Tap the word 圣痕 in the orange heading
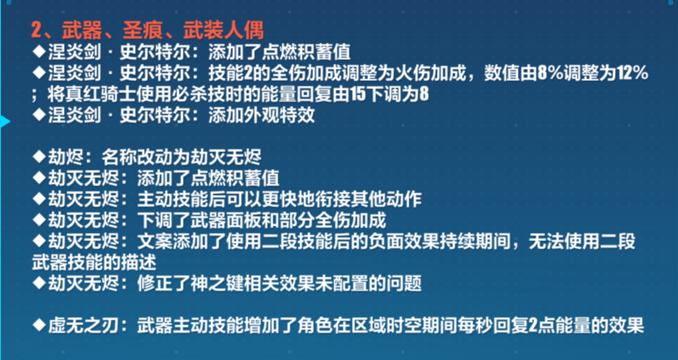[x=138, y=32]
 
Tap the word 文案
[x=155, y=242]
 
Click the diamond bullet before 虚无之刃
[x=39, y=326]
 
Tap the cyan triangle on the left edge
[x=4, y=122]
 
